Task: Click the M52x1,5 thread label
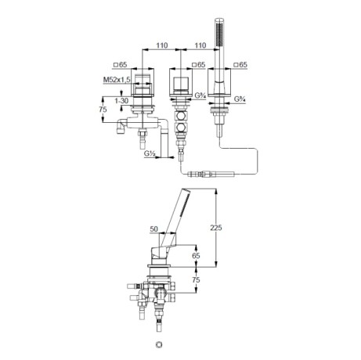tap(117, 80)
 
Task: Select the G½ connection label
tap(150, 153)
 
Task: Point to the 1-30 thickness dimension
tap(121, 100)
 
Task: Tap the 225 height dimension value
tap(216, 228)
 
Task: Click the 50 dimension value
tap(154, 229)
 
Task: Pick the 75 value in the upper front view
tap(103, 110)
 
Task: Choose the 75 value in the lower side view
tap(196, 279)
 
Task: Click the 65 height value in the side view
tap(196, 255)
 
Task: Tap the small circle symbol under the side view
tap(159, 344)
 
